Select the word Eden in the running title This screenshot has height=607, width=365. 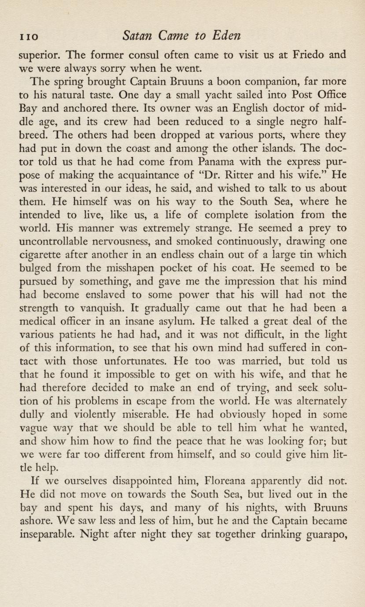coord(225,35)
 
